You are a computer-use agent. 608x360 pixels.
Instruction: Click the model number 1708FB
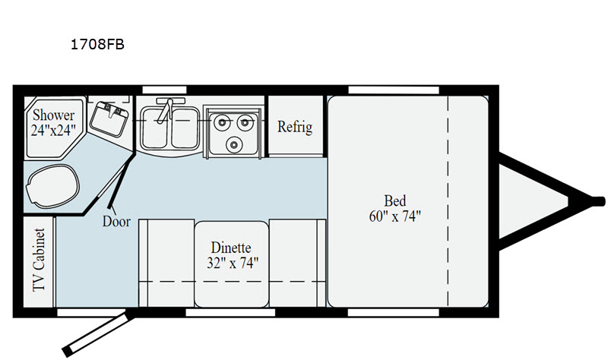pos(97,45)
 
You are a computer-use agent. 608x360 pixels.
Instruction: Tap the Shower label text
pos(53,115)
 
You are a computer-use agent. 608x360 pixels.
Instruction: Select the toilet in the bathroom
pos(52,186)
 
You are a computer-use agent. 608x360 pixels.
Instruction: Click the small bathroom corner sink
pos(109,118)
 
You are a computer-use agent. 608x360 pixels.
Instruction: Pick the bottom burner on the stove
pos(234,144)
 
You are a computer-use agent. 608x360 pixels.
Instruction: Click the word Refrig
pos(295,127)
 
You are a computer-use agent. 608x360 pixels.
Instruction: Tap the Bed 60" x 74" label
pos(394,209)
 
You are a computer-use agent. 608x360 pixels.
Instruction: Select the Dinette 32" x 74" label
pos(232,255)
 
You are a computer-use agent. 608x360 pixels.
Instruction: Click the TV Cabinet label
pos(40,260)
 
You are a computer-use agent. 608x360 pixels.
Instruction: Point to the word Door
pos(116,222)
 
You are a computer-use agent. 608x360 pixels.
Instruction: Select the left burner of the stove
pos(222,122)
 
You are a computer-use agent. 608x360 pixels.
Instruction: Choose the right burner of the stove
pos(245,122)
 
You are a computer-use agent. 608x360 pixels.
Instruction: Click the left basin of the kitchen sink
pos(155,128)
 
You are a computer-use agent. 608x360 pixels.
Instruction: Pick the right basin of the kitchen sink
pos(185,128)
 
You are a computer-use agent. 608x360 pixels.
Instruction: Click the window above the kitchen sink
pos(164,90)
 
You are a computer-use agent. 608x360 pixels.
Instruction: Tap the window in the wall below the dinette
pos(230,313)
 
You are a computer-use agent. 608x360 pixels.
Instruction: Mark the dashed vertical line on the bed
pos(448,201)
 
